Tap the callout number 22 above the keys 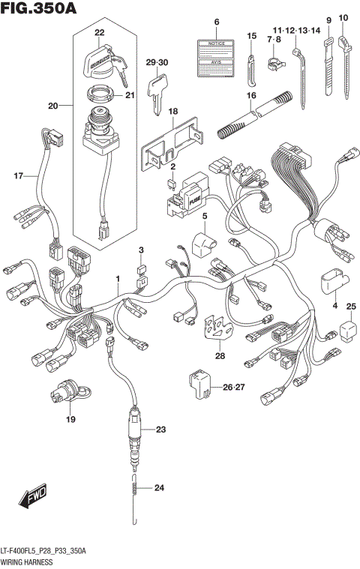(x=99, y=34)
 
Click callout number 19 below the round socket (x=70, y=419)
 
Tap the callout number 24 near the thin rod (x=157, y=488)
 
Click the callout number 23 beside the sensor (x=160, y=430)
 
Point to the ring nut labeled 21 (x=100, y=94)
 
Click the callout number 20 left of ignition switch (x=52, y=106)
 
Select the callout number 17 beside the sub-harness (x=18, y=176)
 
